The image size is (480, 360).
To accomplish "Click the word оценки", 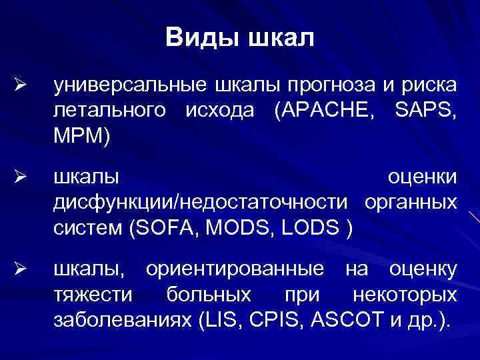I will (x=423, y=177).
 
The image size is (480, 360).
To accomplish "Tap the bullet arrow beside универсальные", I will (x=20, y=86).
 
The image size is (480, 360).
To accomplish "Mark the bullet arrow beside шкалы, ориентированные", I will (x=20, y=270).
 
